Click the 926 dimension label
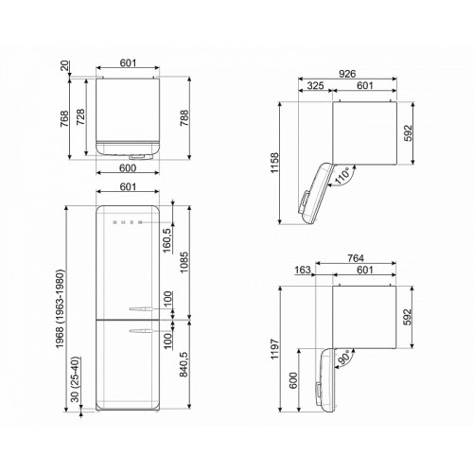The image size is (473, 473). click(347, 74)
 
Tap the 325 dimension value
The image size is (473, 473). click(316, 85)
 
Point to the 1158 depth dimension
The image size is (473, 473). click(274, 163)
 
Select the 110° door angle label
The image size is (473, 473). click(343, 176)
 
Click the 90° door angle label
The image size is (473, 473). click(344, 358)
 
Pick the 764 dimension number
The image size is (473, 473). click(356, 258)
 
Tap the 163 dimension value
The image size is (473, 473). click(303, 271)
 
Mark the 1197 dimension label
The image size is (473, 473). click(274, 349)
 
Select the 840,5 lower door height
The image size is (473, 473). click(184, 364)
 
